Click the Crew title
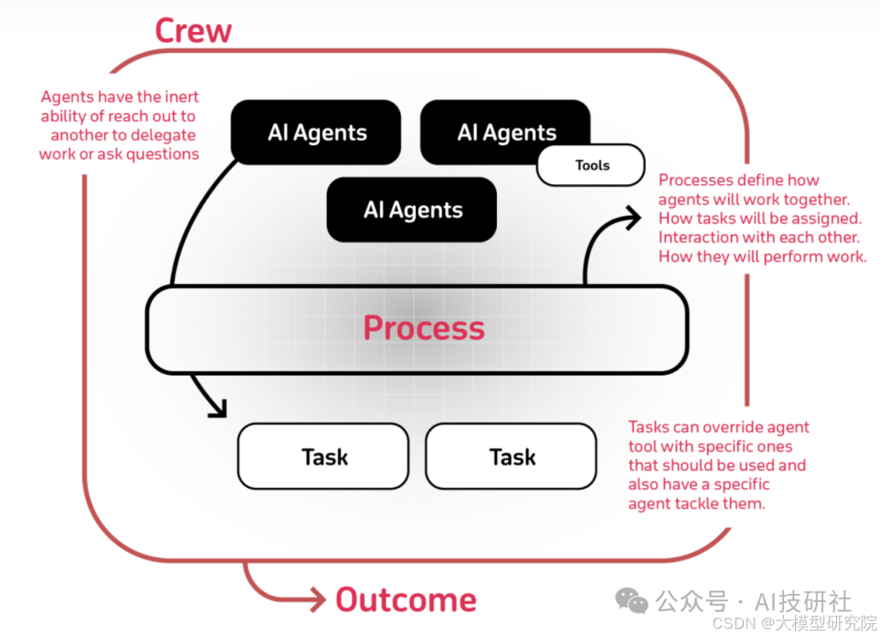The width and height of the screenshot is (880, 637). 193,30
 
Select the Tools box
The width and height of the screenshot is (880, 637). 592,165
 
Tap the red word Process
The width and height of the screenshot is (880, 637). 424,327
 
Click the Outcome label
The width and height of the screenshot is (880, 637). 406,600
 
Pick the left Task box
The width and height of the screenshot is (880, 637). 323,457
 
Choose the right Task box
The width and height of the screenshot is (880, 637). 512,457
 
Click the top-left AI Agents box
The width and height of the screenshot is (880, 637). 316,133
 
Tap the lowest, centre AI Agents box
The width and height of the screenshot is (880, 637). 412,210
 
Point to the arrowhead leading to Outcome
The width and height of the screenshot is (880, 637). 318,600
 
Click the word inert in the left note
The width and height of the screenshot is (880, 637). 182,97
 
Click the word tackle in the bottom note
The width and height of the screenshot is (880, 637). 697,503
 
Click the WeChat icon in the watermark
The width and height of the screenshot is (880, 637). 632,600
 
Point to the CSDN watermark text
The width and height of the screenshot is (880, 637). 731,623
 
